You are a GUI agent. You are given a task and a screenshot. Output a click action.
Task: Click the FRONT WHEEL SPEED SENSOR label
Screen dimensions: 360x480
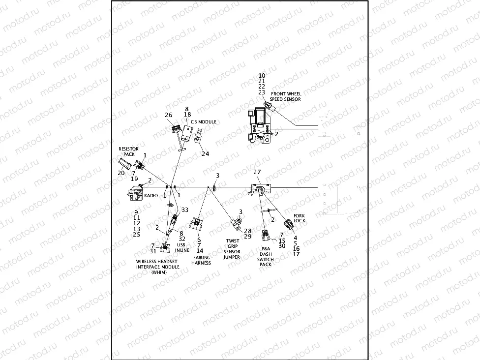tap(285, 96)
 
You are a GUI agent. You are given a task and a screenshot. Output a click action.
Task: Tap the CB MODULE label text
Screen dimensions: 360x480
tap(203, 122)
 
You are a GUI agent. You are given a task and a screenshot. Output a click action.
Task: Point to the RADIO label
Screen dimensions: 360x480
tap(150, 195)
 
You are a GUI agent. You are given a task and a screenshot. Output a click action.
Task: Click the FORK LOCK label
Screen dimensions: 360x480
tap(299, 218)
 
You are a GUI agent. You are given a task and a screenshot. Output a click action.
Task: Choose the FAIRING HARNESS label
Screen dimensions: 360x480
tap(201, 260)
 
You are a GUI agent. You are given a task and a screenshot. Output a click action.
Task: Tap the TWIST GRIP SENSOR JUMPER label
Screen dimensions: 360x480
tap(232, 249)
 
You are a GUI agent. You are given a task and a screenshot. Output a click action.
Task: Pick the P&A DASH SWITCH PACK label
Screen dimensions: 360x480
tap(267, 256)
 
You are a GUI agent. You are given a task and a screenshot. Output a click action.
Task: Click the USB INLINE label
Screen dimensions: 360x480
tap(182, 247)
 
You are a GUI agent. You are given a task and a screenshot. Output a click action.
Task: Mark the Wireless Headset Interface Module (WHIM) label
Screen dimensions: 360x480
tap(158, 267)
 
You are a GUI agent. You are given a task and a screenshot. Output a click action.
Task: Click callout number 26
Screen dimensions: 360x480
tap(169, 115)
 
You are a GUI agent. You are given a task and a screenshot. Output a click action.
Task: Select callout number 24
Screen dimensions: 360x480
tap(205, 153)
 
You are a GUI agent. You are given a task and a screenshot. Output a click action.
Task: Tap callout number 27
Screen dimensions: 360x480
tap(257, 172)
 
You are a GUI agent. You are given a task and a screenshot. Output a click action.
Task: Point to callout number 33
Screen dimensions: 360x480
tap(184, 210)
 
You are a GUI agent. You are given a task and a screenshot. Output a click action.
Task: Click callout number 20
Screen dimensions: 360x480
tap(121, 173)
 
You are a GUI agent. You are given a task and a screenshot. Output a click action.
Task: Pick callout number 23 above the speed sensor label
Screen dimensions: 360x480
tap(262, 92)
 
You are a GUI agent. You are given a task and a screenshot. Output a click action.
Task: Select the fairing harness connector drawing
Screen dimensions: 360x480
tap(197, 225)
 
